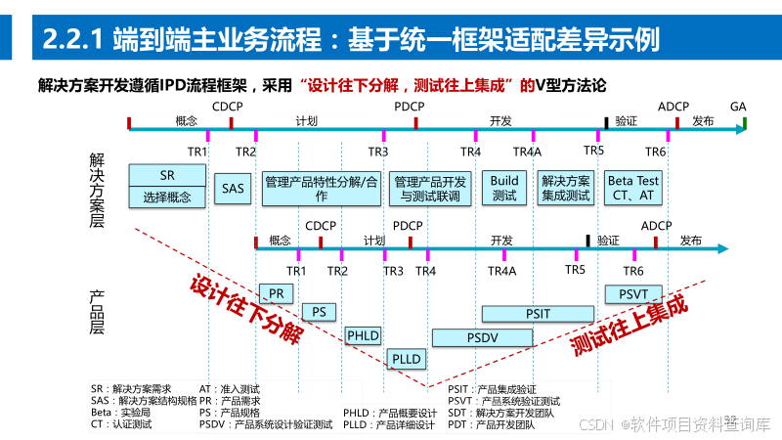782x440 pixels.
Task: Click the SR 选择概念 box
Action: [x=167, y=186]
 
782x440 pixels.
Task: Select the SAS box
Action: [x=234, y=188]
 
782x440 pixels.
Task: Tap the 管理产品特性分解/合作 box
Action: [x=322, y=188]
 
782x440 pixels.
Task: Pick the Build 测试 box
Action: [x=504, y=188]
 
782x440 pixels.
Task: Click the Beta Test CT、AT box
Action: [x=633, y=188]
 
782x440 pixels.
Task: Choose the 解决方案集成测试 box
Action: [x=566, y=188]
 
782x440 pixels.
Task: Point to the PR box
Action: [x=277, y=292]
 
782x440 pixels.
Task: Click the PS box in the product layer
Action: [x=319, y=312]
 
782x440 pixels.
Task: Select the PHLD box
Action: [x=363, y=336]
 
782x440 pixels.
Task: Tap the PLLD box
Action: [x=406, y=359]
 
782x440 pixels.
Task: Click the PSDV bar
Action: [x=482, y=336]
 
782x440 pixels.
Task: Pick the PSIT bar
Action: [x=538, y=313]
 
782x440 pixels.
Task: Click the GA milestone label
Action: [x=738, y=106]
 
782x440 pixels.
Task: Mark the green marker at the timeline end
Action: [x=744, y=123]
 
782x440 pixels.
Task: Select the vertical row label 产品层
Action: [x=96, y=311]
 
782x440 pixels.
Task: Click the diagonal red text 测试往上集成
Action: [x=630, y=325]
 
